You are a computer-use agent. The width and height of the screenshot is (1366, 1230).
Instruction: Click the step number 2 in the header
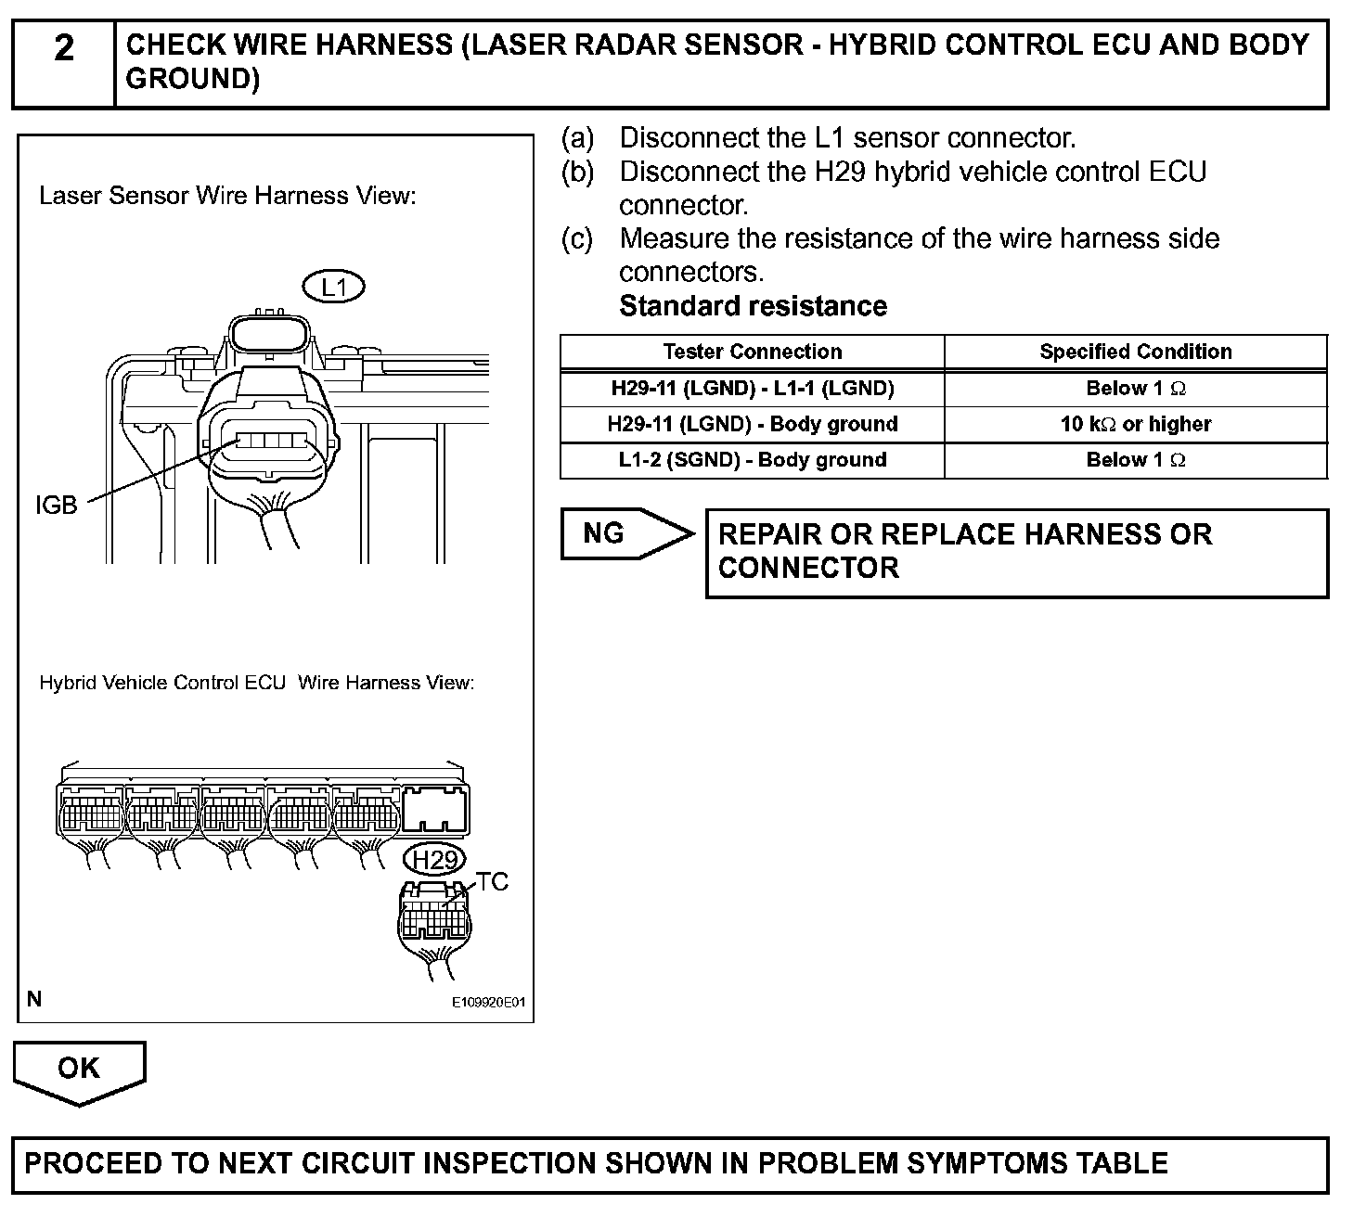[x=63, y=48]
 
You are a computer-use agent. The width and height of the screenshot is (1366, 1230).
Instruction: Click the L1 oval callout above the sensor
[x=333, y=288]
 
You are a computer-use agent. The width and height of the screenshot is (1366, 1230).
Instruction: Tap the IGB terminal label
[x=56, y=506]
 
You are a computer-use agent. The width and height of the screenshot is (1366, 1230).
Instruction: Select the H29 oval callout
[x=435, y=860]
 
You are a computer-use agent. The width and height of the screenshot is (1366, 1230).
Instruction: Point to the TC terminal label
[x=493, y=882]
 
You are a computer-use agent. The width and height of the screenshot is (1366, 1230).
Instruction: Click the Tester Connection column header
[x=752, y=352]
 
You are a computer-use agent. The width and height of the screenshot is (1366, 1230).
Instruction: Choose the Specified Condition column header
[x=1136, y=352]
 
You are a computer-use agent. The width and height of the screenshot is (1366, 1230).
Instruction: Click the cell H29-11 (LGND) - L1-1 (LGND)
[x=752, y=389]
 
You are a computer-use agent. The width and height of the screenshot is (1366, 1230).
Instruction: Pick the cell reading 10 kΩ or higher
[x=1136, y=425]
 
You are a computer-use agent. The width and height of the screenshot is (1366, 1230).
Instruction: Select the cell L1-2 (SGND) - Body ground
[x=752, y=460]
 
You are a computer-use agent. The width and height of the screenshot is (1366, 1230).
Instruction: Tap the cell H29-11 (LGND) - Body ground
[x=752, y=425]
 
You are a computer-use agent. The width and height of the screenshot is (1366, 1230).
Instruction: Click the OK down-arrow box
[x=79, y=1070]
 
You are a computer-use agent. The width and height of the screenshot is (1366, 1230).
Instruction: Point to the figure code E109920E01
[x=489, y=1003]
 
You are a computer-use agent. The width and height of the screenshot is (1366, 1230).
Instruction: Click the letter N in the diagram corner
[x=34, y=999]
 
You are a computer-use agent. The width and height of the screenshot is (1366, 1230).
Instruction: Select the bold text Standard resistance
[x=753, y=307]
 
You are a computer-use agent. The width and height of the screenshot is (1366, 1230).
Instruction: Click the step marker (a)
[x=577, y=138]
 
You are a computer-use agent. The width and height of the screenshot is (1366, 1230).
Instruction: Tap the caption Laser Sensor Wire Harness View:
[x=226, y=197]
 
